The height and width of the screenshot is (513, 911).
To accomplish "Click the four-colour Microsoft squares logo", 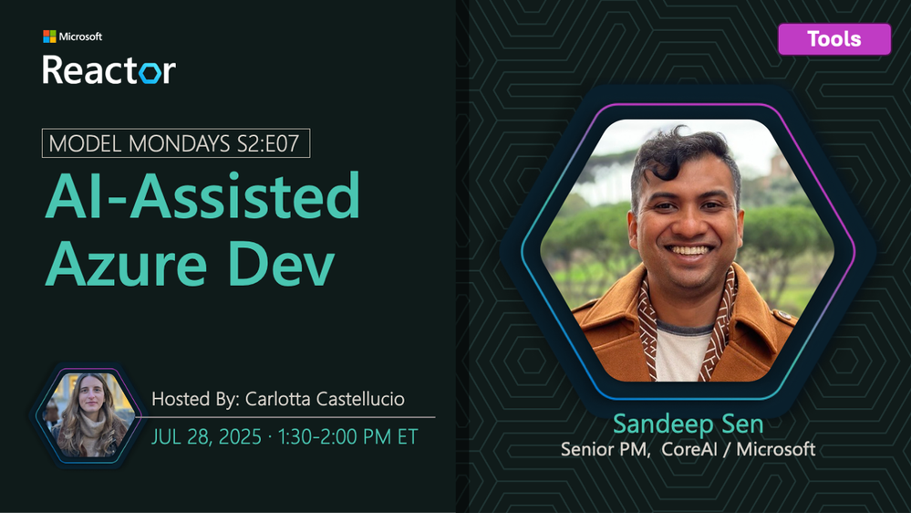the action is tap(49, 37).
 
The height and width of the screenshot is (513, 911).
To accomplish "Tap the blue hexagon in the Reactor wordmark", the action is tap(150, 72).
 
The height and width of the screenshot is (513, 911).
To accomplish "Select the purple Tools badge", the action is tap(834, 39).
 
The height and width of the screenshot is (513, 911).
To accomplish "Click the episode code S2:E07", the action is tap(268, 143).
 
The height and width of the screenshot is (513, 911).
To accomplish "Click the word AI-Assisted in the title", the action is tap(202, 195).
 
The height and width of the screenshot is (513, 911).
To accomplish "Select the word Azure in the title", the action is tap(126, 264).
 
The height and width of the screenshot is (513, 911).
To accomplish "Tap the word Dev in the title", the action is tap(281, 264).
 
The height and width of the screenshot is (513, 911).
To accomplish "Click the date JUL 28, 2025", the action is tap(206, 437).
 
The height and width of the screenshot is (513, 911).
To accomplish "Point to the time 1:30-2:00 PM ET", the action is tap(347, 437).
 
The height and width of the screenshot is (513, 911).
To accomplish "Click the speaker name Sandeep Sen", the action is tap(688, 424).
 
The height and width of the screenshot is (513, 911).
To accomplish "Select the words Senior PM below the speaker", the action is tap(606, 449).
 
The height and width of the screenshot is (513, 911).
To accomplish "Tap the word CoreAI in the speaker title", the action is tap(689, 449).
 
